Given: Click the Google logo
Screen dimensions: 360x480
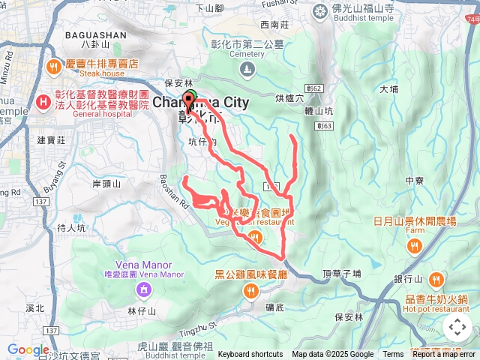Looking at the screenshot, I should pyautogui.click(x=28, y=349).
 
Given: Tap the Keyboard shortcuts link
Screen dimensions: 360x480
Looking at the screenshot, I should pyautogui.click(x=250, y=355).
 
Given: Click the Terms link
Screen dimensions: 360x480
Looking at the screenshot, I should pyautogui.click(x=393, y=355).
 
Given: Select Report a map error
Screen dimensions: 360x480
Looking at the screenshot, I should pyautogui.click(x=444, y=355).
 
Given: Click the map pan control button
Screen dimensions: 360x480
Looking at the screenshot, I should pyautogui.click(x=457, y=327).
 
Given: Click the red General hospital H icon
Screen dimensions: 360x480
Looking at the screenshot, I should pyautogui.click(x=43, y=100).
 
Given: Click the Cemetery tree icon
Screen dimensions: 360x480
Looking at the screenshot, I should pyautogui.click(x=247, y=70).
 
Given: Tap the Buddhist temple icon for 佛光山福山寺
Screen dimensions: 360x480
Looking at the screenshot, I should pyautogui.click(x=321, y=11).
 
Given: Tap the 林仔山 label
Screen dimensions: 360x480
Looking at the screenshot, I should pyautogui.click(x=141, y=310).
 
